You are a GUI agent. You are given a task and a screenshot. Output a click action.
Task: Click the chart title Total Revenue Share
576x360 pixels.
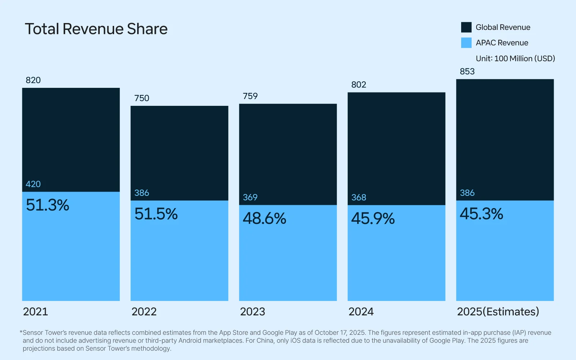click(96, 29)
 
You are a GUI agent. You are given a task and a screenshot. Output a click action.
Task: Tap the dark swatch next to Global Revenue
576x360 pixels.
click(466, 27)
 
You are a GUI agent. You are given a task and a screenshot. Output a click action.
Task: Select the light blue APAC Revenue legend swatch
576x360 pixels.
click(466, 43)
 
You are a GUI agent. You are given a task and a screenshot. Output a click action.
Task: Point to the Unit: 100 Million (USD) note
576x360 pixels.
click(515, 58)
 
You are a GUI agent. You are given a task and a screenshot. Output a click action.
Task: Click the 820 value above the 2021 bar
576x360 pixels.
click(33, 80)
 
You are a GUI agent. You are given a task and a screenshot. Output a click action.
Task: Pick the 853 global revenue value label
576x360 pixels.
click(467, 71)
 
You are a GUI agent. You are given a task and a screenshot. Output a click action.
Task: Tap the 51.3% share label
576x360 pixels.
click(48, 205)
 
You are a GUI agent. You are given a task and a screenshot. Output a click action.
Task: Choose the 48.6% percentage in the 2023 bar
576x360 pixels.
click(264, 219)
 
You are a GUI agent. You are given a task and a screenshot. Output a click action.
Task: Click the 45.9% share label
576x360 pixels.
click(373, 219)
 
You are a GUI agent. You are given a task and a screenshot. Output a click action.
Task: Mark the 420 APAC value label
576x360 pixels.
click(33, 184)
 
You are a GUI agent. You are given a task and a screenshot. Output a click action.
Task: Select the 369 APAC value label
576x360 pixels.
click(250, 197)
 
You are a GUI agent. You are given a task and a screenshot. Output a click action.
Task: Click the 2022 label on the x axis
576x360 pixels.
click(144, 312)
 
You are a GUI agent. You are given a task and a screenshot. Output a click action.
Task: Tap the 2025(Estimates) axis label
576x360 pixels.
click(498, 312)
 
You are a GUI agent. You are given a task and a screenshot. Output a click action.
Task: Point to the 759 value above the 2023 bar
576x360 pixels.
click(250, 96)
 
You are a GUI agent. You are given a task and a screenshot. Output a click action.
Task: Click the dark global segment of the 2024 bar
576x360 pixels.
click(396, 144)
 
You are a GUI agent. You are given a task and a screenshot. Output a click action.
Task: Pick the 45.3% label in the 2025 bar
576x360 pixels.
click(481, 214)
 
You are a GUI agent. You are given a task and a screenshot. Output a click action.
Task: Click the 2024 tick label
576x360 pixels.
click(361, 312)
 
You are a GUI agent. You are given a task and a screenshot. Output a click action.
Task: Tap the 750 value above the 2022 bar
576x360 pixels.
click(141, 98)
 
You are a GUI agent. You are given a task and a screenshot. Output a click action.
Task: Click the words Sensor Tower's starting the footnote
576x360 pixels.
click(45, 333)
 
